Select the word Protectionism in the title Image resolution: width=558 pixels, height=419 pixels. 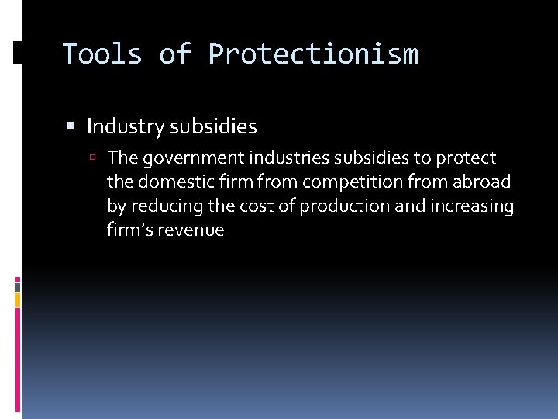point(313,54)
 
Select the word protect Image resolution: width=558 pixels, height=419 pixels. point(467,158)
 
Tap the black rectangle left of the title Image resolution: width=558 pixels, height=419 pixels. point(18,53)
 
